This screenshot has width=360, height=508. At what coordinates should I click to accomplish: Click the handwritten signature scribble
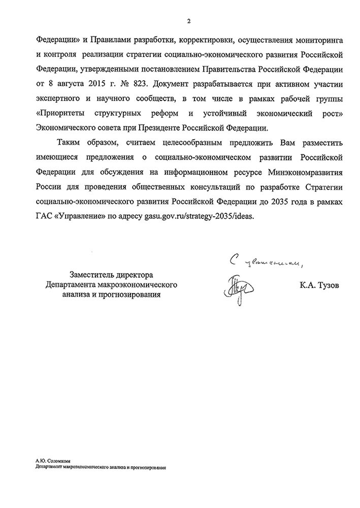(234, 285)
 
